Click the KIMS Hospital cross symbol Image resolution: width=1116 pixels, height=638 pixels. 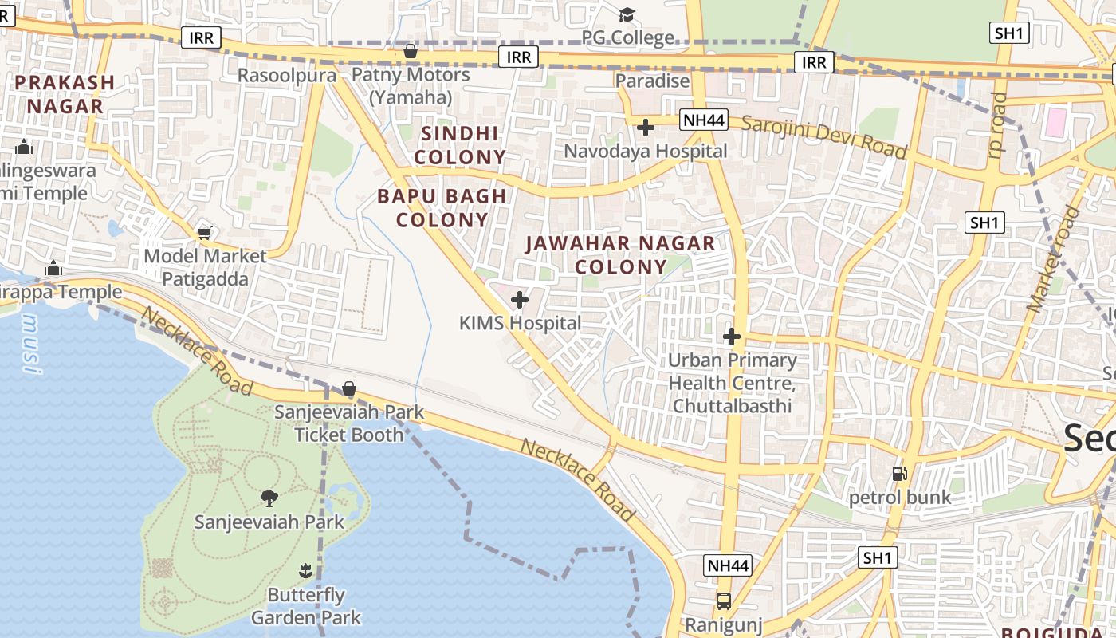pyautogui.click(x=519, y=300)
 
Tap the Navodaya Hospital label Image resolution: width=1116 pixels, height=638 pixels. pyautogui.click(x=646, y=151)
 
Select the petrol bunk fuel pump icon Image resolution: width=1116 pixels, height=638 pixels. pyautogui.click(x=899, y=474)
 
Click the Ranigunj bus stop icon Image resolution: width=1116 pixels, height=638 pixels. pyautogui.click(x=723, y=601)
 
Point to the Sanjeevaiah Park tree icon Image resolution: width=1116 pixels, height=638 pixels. pyautogui.click(x=269, y=498)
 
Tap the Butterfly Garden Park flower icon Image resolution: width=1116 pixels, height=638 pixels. pyautogui.click(x=305, y=571)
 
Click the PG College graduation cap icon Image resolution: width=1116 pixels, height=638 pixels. pyautogui.click(x=627, y=14)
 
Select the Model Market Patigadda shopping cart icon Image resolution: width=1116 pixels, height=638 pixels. pyautogui.click(x=205, y=233)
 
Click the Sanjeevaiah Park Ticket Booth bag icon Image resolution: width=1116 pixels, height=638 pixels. pyautogui.click(x=349, y=389)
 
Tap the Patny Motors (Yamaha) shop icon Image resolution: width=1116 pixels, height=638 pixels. pyautogui.click(x=411, y=52)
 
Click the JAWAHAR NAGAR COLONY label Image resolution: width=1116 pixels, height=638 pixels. pyautogui.click(x=620, y=255)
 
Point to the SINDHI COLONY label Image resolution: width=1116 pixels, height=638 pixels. pyautogui.click(x=460, y=145)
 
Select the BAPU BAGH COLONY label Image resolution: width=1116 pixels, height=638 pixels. pyautogui.click(x=442, y=207)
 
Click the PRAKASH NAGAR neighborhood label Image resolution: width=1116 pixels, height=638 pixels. pyautogui.click(x=65, y=94)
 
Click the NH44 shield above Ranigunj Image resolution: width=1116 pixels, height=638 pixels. pyautogui.click(x=729, y=565)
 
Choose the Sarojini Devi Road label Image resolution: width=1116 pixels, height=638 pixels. pyautogui.click(x=824, y=137)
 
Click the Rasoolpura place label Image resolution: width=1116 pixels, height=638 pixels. pyautogui.click(x=287, y=75)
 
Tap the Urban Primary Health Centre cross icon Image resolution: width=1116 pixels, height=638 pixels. pyautogui.click(x=731, y=337)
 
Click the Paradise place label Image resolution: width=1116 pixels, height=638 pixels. pyautogui.click(x=652, y=81)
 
